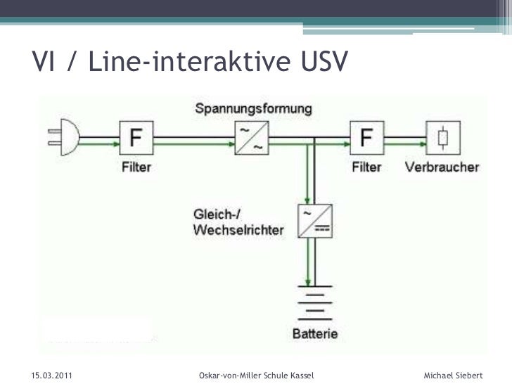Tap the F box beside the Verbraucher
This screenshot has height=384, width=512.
[x=366, y=137]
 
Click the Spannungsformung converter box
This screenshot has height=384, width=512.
[x=250, y=138]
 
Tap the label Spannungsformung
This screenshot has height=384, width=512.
[x=254, y=110]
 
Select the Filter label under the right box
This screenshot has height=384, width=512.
[x=366, y=167]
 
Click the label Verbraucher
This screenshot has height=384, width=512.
[x=442, y=167]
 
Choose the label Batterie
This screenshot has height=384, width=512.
[x=315, y=333]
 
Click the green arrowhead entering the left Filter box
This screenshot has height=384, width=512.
[x=113, y=145]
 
